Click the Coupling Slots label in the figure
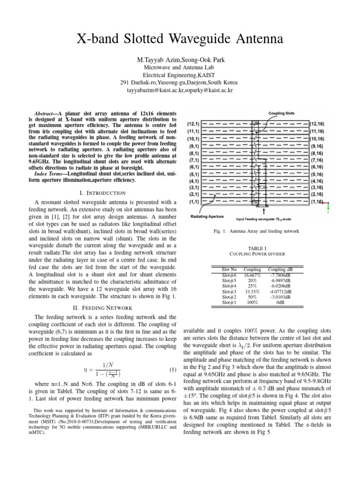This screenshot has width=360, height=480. [x=281, y=113]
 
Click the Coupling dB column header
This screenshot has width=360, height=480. [x=280, y=270]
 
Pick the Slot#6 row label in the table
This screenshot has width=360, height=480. [x=229, y=275]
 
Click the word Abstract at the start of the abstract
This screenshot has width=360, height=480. [x=46, y=114]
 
